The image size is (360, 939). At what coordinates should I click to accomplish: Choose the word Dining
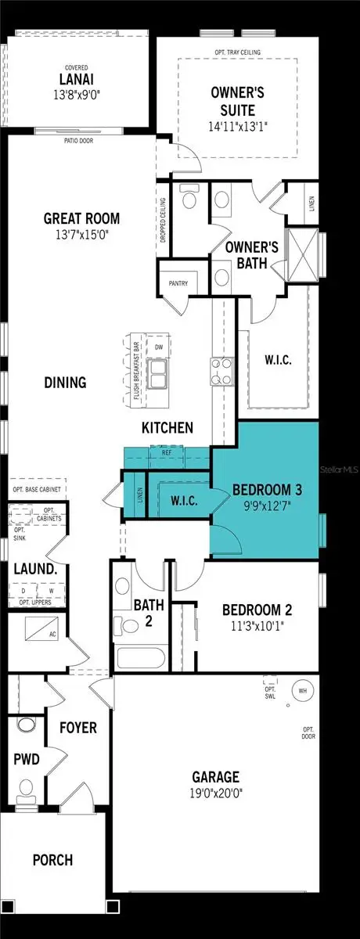point(65,383)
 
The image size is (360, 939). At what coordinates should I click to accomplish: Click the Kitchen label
point(167,428)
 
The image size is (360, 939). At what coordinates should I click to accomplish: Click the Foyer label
point(78,728)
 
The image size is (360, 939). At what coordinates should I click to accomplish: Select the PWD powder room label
point(26,758)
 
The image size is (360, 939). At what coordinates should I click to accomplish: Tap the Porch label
point(52,860)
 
